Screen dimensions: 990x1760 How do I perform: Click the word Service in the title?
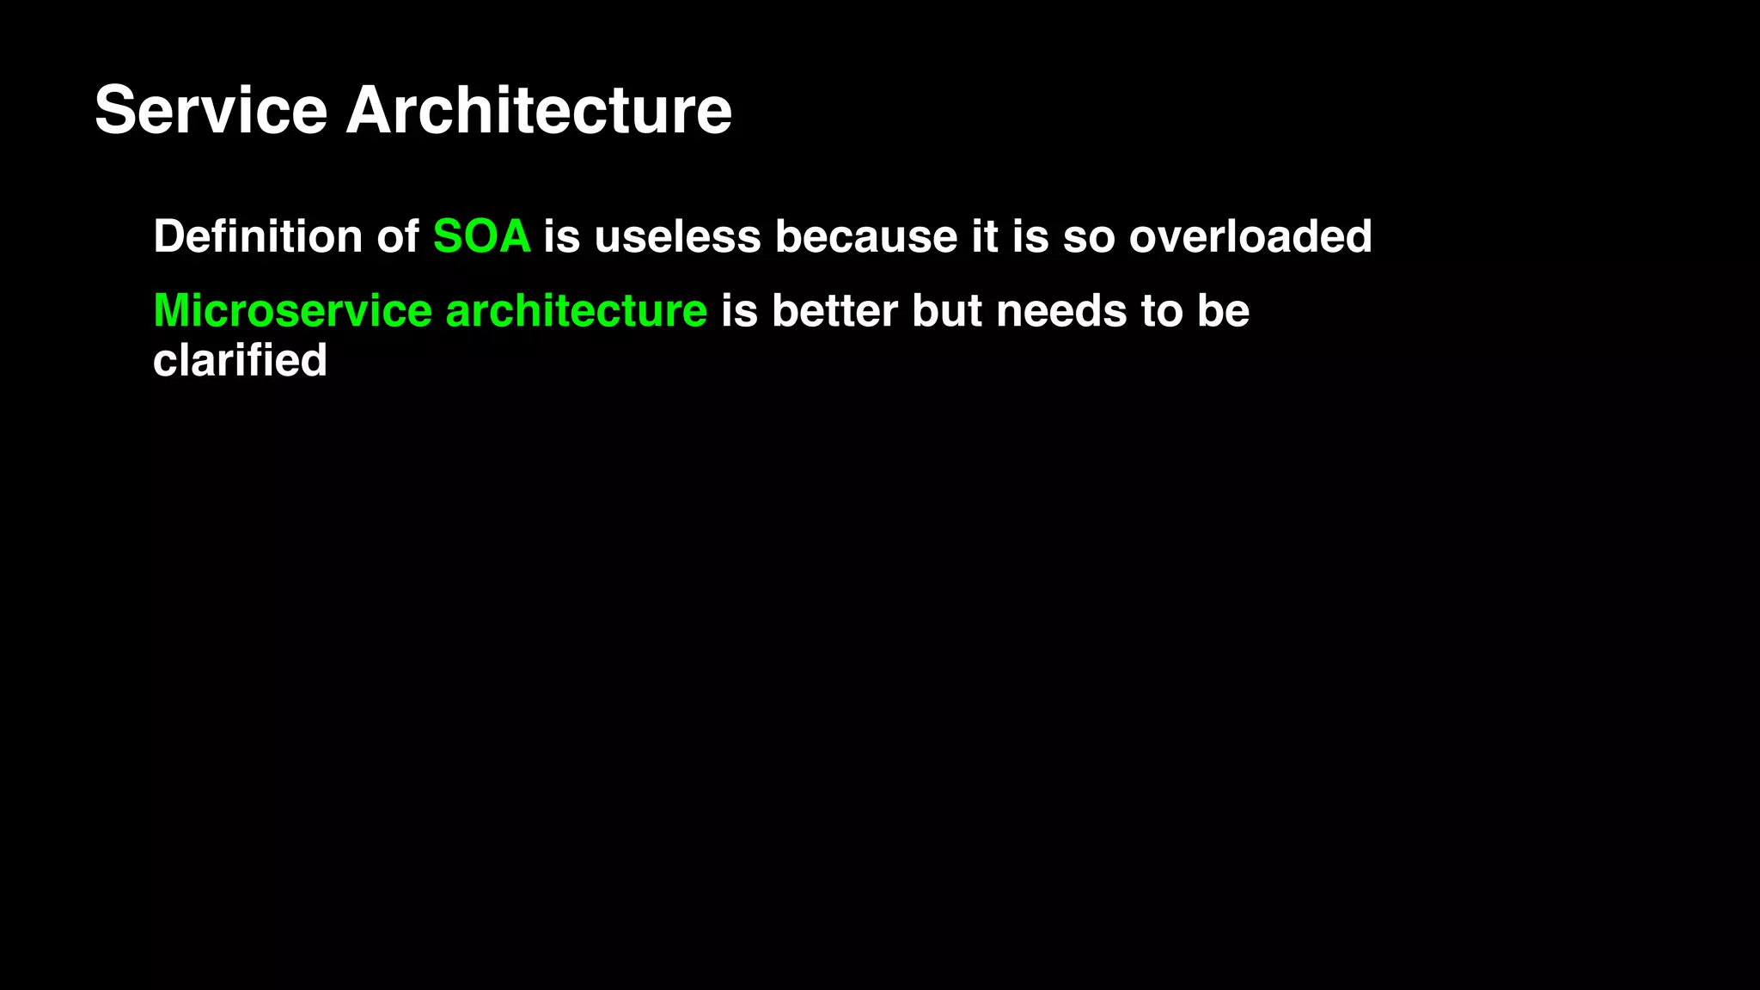click(211, 110)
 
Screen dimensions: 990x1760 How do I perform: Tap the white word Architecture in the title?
click(539, 110)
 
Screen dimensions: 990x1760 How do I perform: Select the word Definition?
click(258, 236)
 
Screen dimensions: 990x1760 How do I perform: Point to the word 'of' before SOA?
click(398, 236)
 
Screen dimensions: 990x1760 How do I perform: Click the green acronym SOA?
click(481, 236)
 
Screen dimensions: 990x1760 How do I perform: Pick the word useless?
click(677, 236)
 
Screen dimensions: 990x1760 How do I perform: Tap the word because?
click(866, 236)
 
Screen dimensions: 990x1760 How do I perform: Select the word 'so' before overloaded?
click(1089, 236)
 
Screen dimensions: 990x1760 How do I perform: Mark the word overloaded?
click(1250, 236)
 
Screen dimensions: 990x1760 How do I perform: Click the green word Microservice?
click(292, 310)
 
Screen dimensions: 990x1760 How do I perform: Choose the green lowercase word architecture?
click(576, 310)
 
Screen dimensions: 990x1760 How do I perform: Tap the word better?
click(834, 310)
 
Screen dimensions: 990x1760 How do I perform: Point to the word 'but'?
click(946, 310)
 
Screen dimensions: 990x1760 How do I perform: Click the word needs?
click(1061, 310)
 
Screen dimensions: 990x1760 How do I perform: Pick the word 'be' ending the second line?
click(1223, 310)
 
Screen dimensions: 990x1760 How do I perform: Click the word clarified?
click(240, 360)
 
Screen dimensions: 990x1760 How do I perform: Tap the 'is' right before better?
click(739, 310)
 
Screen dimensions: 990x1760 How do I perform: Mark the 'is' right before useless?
click(562, 236)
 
